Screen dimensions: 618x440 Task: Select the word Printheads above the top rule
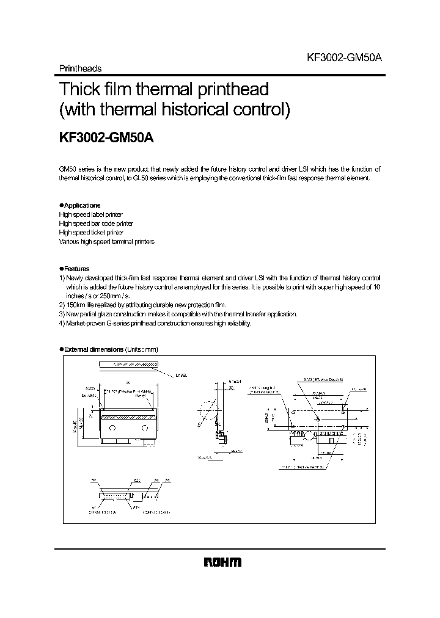point(79,68)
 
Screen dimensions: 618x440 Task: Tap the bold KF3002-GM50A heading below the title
point(106,138)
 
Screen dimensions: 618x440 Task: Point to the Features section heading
point(76,269)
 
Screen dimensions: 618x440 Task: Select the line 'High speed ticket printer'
point(91,233)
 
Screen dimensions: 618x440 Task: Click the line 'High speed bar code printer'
point(96,224)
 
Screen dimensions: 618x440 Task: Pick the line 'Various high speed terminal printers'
point(106,242)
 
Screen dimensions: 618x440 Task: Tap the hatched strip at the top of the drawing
point(128,364)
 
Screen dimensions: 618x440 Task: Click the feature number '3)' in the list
point(62,314)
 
